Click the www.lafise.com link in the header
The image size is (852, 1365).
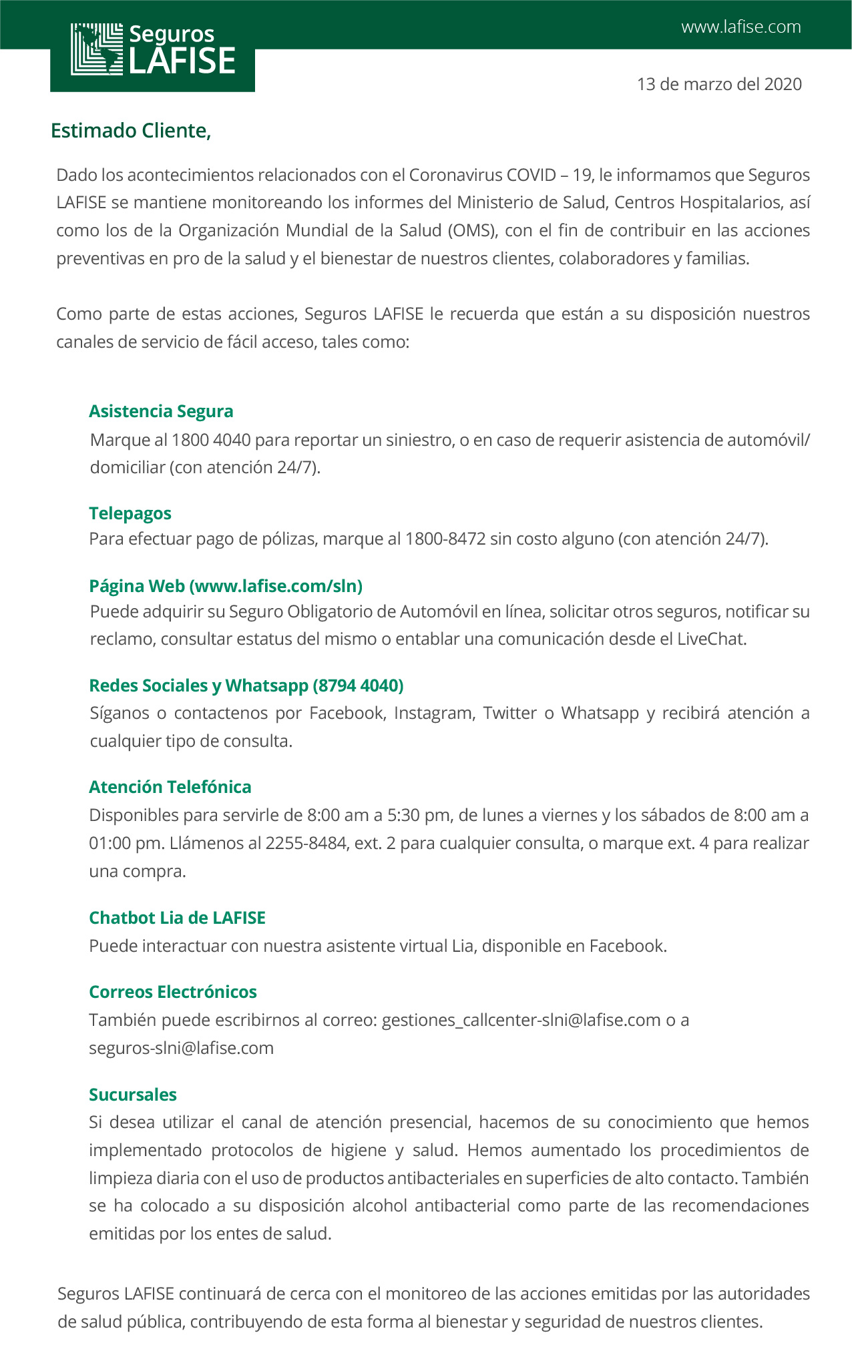[740, 27]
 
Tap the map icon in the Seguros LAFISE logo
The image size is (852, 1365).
[97, 49]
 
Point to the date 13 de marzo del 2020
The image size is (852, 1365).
[719, 84]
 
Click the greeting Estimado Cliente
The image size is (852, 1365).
[131, 131]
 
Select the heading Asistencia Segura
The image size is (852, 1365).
[161, 411]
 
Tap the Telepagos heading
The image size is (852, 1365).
[130, 513]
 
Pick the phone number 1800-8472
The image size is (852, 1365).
[445, 539]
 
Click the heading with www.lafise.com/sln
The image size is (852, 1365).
[226, 586]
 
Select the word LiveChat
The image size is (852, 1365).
[710, 639]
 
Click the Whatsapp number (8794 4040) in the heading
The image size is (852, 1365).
[358, 686]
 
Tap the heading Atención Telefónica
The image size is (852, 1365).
[170, 787]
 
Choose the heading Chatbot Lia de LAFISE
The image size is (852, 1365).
[177, 918]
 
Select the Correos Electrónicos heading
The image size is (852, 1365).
[173, 992]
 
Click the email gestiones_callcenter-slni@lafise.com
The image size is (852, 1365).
[521, 1020]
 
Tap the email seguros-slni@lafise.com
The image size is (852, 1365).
[182, 1048]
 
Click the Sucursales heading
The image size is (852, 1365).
[133, 1095]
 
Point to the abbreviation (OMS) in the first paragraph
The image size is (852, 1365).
[472, 230]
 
